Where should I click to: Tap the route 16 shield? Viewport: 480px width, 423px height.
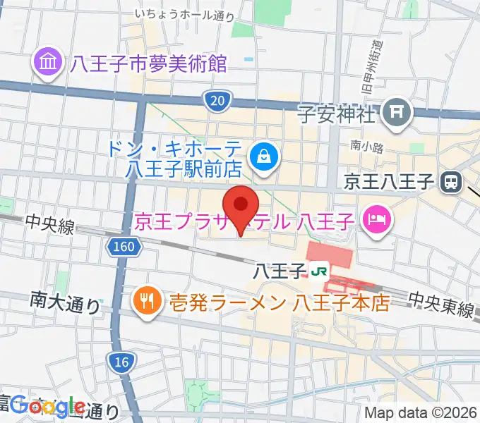(121, 362)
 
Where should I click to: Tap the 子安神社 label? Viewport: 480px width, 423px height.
(335, 113)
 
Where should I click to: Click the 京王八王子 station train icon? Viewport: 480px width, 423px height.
(450, 183)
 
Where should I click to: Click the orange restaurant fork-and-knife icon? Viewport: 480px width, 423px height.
(146, 302)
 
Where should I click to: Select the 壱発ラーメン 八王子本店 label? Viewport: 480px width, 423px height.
(279, 303)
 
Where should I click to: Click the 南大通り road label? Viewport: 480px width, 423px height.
(66, 304)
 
